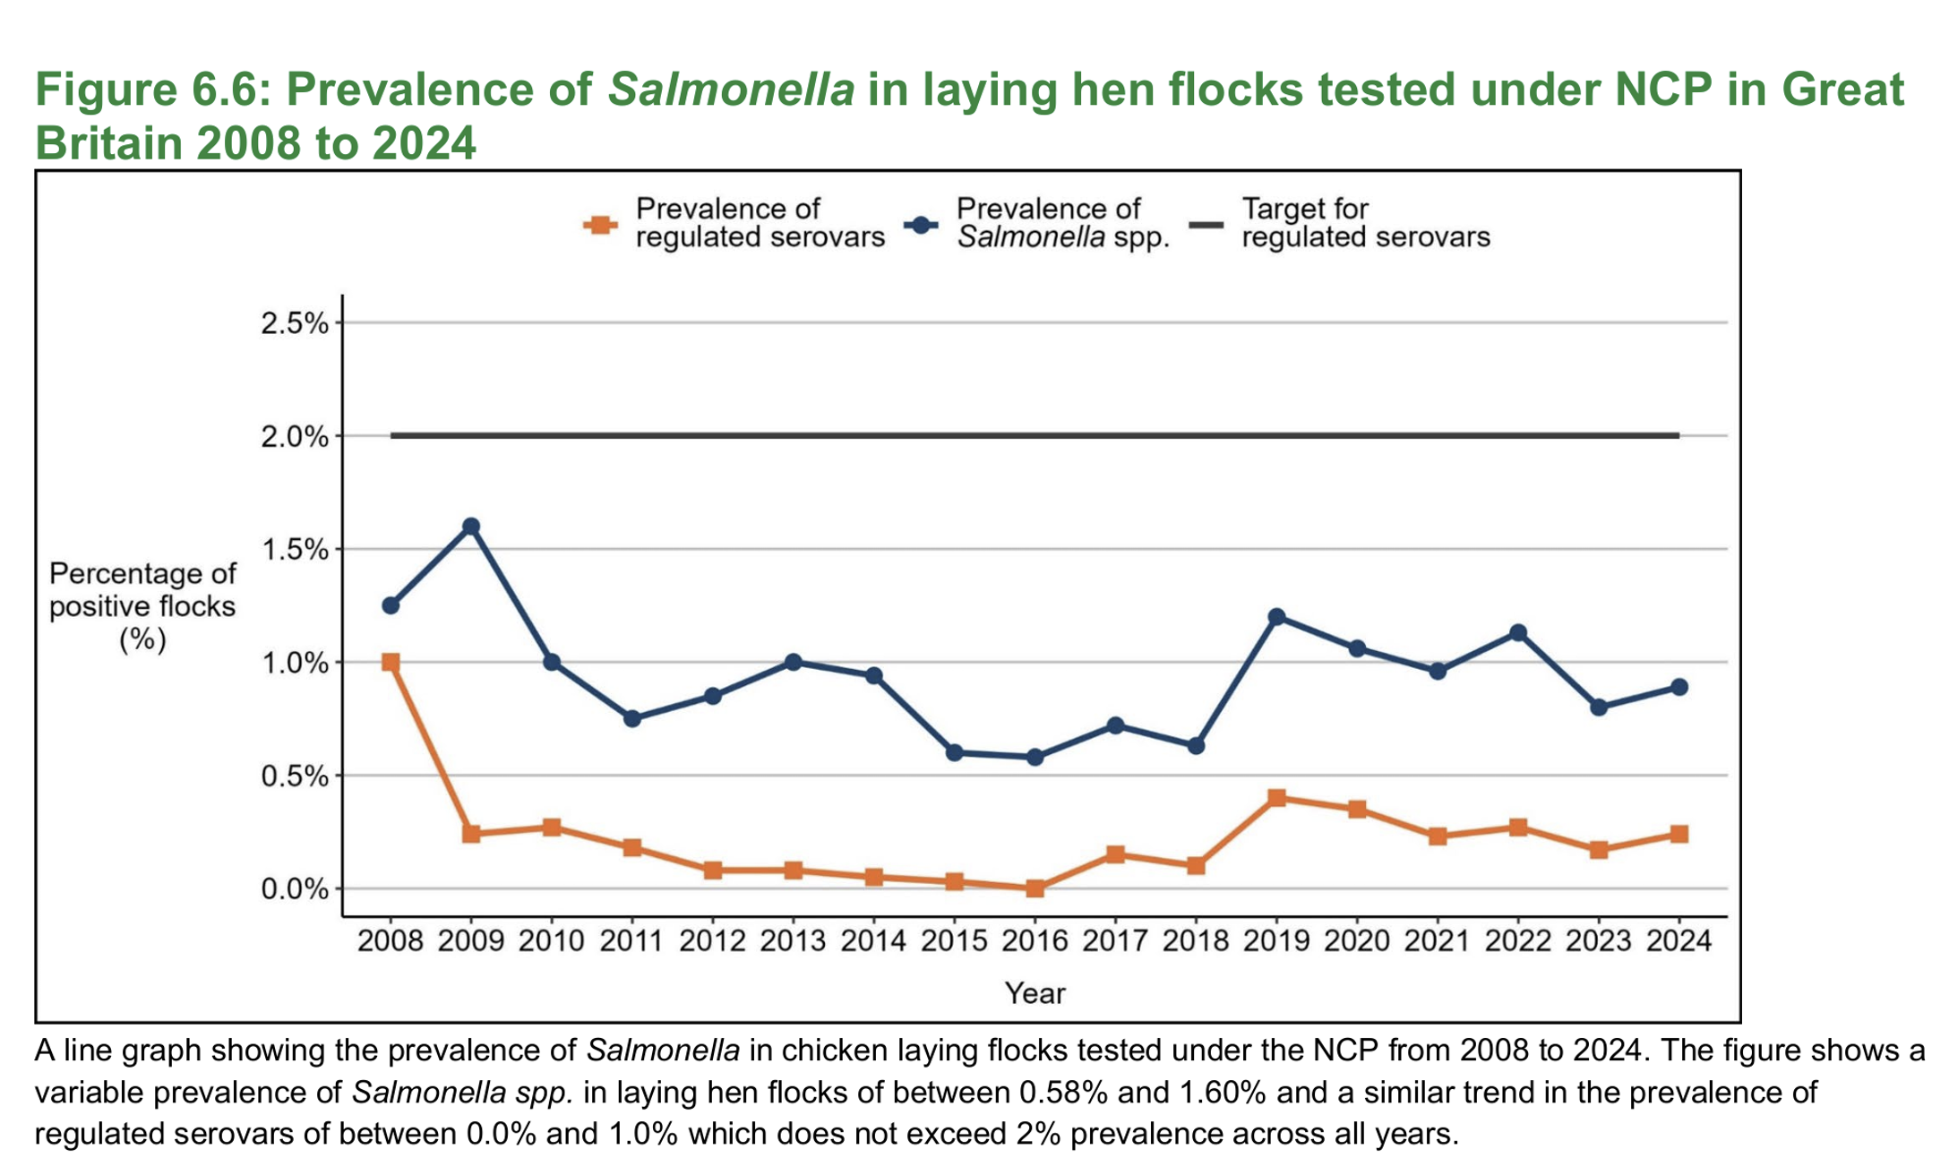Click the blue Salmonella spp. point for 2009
tap(471, 527)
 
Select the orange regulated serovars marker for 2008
tap(391, 663)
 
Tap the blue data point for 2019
tap(1277, 617)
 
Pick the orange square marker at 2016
tap(1035, 888)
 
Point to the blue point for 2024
tap(1679, 687)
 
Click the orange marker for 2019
tap(1277, 798)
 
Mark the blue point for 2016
tap(1035, 757)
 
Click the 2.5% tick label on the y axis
tap(295, 323)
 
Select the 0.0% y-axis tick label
tap(295, 889)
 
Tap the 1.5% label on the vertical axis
tap(295, 550)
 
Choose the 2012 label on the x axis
tap(712, 941)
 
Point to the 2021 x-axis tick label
tap(1437, 941)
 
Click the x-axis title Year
tap(1035, 993)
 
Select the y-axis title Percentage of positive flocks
tap(142, 606)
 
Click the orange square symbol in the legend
tap(600, 224)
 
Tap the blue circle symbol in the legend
tap(921, 224)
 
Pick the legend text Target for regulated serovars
tap(1365, 223)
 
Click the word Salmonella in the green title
tap(731, 90)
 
